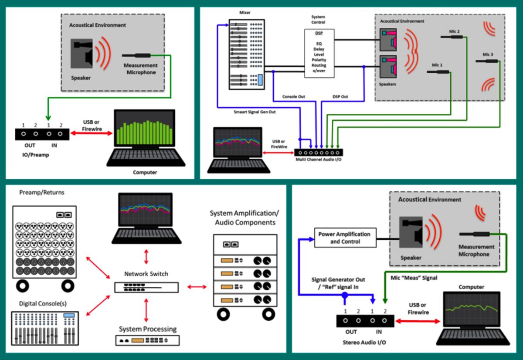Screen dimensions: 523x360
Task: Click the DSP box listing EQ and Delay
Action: click(x=319, y=53)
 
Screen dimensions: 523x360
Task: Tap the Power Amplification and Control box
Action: click(x=345, y=238)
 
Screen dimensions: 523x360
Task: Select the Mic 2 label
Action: click(x=454, y=31)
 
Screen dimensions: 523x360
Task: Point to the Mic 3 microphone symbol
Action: click(x=487, y=61)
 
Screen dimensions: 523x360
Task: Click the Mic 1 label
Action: click(x=437, y=65)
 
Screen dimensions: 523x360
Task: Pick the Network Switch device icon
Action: click(x=146, y=287)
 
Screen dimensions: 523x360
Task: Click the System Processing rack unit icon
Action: click(x=148, y=340)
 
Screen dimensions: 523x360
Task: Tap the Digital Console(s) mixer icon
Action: click(x=45, y=328)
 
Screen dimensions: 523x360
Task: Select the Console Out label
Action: click(x=293, y=97)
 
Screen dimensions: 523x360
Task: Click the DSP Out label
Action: click(x=340, y=97)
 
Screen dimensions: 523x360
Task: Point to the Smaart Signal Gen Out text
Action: click(x=255, y=112)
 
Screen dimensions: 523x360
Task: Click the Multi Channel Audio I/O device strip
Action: click(x=319, y=153)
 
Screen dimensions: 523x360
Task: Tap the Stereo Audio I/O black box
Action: click(x=365, y=321)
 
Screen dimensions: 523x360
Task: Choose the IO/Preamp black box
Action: click(x=42, y=134)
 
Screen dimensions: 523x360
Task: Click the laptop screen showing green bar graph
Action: click(x=145, y=128)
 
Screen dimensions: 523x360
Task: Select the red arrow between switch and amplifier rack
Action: click(x=197, y=287)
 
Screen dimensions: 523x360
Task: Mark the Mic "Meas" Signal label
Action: click(x=414, y=278)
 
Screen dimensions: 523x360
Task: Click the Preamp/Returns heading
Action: click(x=42, y=192)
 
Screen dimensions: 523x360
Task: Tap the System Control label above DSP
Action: click(x=318, y=20)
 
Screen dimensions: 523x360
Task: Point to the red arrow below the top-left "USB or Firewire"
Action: click(x=91, y=133)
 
